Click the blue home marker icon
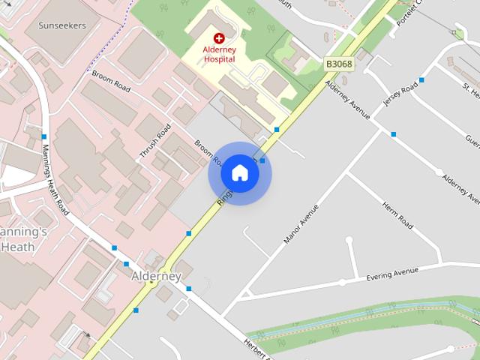pyautogui.click(x=239, y=173)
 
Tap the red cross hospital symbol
pyautogui.click(x=219, y=38)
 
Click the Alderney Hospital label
pyautogui.click(x=219, y=54)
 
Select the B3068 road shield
pyautogui.click(x=339, y=64)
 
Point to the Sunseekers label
pyautogui.click(x=63, y=25)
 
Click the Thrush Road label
pyautogui.click(x=150, y=139)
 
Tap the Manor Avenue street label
pyautogui.click(x=301, y=223)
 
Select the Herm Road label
pyautogui.click(x=397, y=215)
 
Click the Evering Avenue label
pyautogui.click(x=392, y=274)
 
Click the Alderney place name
pyautogui.click(x=156, y=276)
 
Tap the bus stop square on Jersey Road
pyautogui.click(x=421, y=79)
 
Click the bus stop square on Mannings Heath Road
pyautogui.click(x=44, y=136)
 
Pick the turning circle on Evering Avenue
pyautogui.click(x=342, y=283)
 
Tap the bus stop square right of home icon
pyautogui.click(x=262, y=160)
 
